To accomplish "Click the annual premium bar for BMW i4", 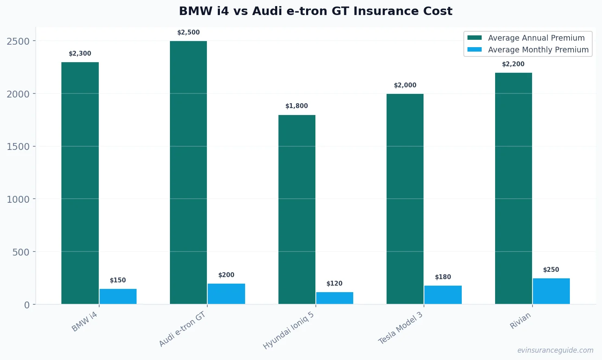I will coord(80,183).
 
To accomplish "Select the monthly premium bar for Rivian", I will coord(551,291).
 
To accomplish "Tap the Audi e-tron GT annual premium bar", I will coord(188,172).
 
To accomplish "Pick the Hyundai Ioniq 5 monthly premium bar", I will coord(335,298).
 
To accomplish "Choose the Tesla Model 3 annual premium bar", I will coord(405,199).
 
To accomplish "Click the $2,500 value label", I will coord(189,33).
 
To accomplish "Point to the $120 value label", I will coord(335,284).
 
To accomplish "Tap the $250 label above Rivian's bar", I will coord(551,270).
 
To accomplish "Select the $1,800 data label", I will coord(297,106).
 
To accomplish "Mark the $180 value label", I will coord(443,277).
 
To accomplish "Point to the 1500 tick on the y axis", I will coord(18,147).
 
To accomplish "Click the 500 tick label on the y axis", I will coord(21,252).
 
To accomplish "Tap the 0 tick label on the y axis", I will coord(27,305).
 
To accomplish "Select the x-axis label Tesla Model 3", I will coord(401,328).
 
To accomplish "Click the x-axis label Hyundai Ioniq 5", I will coord(289,331).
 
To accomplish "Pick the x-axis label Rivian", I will coord(520,321).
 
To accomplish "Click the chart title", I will coord(315,11).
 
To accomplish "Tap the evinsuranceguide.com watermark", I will coord(555,350).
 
